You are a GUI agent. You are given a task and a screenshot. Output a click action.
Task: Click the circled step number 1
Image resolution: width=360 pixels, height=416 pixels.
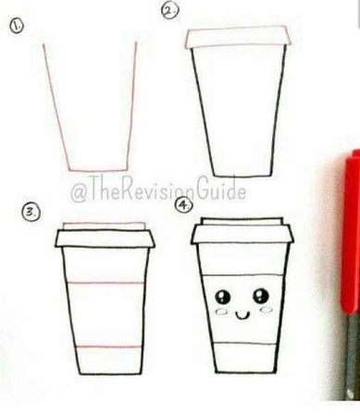(x=17, y=25)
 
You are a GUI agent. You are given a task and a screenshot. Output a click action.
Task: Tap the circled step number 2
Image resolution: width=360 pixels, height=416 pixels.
(x=169, y=11)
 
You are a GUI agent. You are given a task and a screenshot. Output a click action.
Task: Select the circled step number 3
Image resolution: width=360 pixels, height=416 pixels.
(x=31, y=213)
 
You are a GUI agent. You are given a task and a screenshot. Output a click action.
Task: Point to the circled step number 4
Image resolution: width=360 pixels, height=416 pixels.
(x=184, y=205)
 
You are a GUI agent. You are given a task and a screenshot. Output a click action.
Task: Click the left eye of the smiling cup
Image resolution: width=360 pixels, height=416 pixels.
(x=222, y=297)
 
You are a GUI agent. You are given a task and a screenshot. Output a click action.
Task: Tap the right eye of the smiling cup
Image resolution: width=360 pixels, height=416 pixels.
(x=261, y=296)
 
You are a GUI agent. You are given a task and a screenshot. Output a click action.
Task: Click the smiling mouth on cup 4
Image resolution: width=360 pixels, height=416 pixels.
(x=242, y=315)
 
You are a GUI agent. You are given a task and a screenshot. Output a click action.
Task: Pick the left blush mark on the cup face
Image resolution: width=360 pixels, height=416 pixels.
(x=221, y=312)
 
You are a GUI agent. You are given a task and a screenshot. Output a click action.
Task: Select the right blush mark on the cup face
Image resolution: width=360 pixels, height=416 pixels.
(x=267, y=310)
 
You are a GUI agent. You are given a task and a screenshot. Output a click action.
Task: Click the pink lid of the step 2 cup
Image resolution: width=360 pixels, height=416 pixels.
(x=238, y=37)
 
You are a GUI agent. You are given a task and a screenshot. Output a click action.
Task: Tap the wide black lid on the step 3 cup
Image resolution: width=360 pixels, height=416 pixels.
(x=106, y=239)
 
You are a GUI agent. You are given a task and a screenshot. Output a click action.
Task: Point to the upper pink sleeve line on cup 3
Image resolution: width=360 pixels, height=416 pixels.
(x=106, y=283)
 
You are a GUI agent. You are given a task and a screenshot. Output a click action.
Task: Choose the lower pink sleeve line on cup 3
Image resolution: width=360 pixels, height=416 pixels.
(x=108, y=347)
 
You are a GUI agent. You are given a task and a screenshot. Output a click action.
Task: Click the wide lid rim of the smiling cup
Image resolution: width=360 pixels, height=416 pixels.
(x=242, y=235)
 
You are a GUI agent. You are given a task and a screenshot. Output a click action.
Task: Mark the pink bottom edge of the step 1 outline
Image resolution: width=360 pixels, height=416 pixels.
(x=98, y=170)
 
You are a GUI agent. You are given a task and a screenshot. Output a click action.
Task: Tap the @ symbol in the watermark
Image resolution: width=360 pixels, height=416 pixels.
(x=79, y=192)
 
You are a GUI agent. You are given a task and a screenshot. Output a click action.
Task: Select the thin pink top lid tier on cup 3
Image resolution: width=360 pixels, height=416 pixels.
(x=105, y=226)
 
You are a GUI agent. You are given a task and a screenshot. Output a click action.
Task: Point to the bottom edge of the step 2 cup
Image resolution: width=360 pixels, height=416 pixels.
(x=243, y=177)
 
